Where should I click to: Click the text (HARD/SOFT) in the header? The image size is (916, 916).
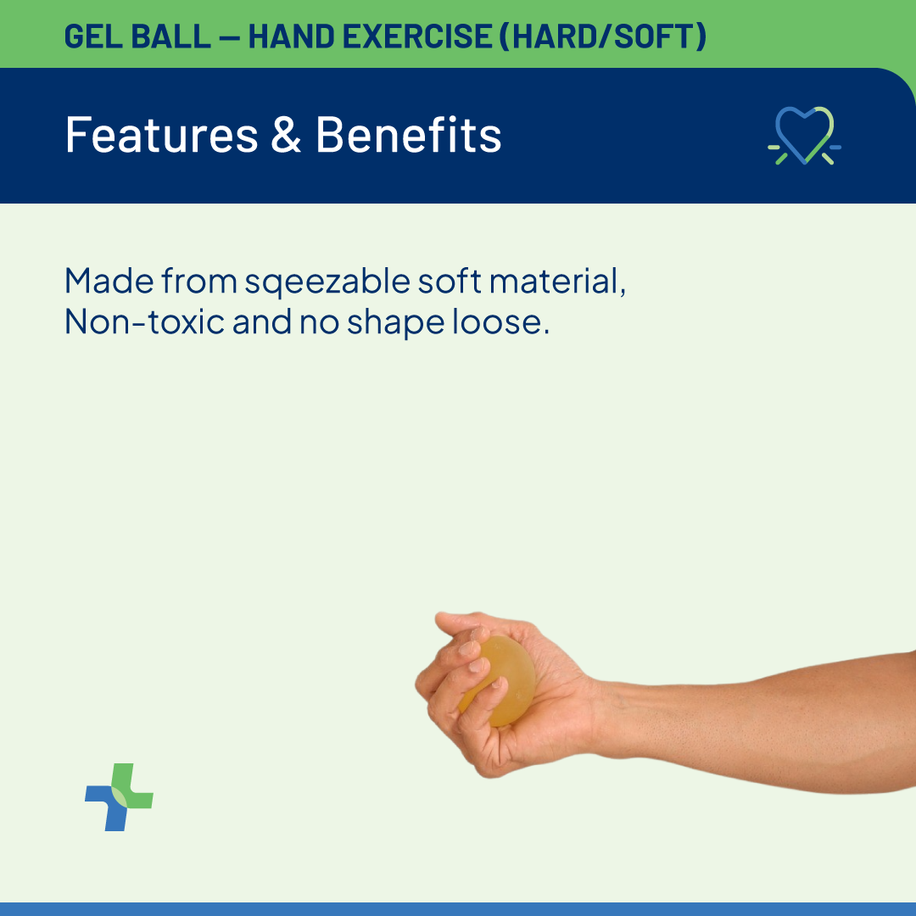tap(603, 36)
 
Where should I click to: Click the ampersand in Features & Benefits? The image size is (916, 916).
tap(287, 135)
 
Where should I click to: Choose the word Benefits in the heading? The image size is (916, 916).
tap(408, 135)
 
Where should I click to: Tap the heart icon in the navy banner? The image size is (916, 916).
tap(804, 136)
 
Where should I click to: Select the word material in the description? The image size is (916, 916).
tap(557, 281)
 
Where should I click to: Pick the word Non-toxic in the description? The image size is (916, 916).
tap(144, 321)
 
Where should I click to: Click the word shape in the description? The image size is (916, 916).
tap(395, 323)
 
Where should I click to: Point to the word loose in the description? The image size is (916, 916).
tap(501, 321)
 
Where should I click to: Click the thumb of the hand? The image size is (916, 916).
tap(467, 621)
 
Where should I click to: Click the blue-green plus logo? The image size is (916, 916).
tap(120, 796)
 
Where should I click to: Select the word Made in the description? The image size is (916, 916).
tap(109, 281)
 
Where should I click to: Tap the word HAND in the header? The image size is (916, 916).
tap(292, 36)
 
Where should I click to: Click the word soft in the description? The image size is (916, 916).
tap(450, 281)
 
